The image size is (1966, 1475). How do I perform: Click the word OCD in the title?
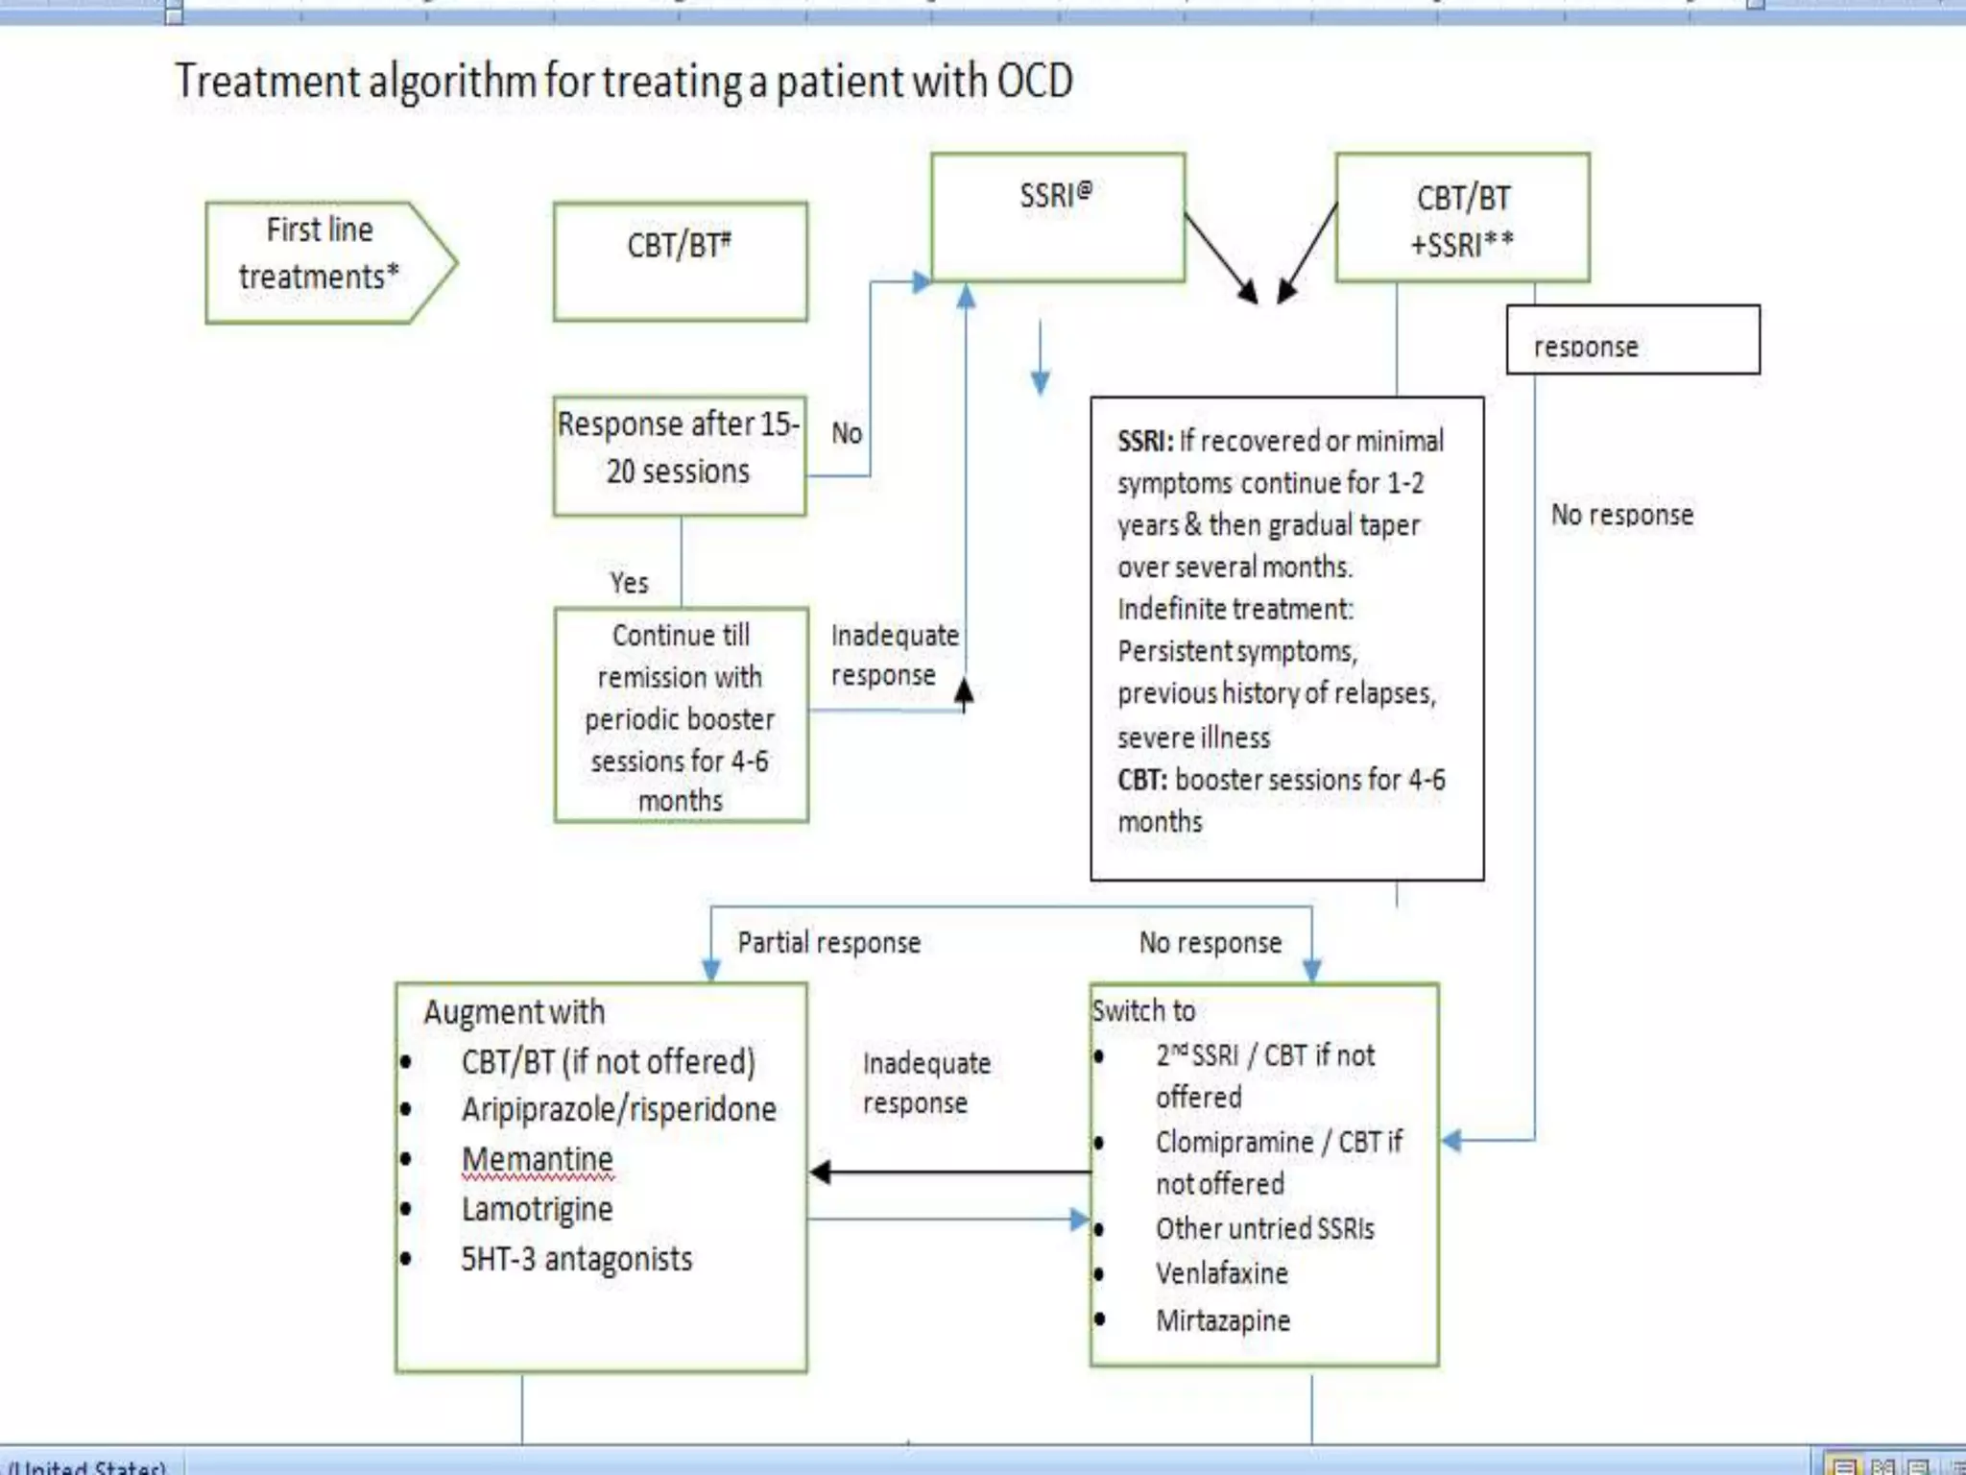click(x=1034, y=81)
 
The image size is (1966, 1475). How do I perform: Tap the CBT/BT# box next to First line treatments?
click(x=680, y=261)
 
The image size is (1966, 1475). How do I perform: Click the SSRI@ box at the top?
click(x=1057, y=217)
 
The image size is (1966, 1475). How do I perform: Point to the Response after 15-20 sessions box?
click(x=679, y=456)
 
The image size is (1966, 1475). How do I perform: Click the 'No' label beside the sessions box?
click(x=847, y=433)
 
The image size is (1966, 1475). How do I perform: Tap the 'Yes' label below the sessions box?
click(x=629, y=583)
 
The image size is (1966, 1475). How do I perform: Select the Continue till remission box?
click(x=681, y=715)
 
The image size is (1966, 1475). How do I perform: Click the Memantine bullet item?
click(x=537, y=1159)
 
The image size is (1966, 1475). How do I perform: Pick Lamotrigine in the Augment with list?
click(x=537, y=1209)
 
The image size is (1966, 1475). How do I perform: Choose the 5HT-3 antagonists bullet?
click(x=576, y=1259)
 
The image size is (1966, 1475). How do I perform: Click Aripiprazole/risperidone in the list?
click(x=618, y=1109)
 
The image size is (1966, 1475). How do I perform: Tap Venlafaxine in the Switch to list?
click(x=1221, y=1273)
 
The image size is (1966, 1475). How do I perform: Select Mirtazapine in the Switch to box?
click(x=1222, y=1320)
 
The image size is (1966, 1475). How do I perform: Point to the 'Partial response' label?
click(x=828, y=943)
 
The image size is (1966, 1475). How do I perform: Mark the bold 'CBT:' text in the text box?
click(x=1142, y=780)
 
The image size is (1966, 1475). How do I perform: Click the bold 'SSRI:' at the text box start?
click(x=1145, y=441)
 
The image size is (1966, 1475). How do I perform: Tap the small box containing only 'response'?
click(x=1632, y=340)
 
